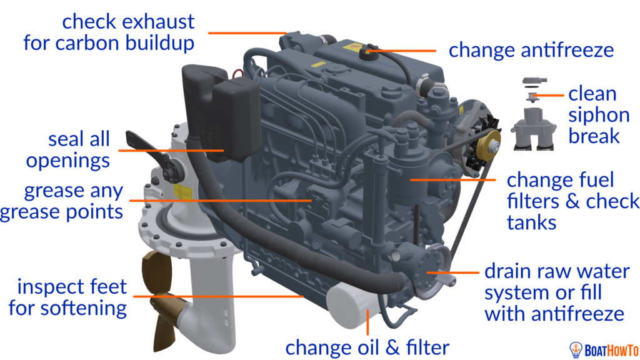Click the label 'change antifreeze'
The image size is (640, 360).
pos(531,50)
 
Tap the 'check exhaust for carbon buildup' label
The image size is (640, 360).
pos(109,32)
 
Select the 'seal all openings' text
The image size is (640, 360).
pos(68,150)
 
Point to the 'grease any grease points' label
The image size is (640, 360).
pos(62,201)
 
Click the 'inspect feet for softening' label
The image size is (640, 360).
pos(67,297)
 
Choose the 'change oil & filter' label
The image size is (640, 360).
pos(367,347)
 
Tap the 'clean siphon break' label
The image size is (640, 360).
pos(599,115)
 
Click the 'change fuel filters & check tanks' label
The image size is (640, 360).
pos(573,201)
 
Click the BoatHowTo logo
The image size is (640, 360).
pos(604,350)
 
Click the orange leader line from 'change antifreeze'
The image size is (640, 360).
pos(401,51)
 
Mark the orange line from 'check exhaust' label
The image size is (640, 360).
pos(247,32)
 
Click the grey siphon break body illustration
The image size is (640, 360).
pos(534,127)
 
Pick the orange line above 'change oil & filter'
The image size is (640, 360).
pos(367,322)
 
